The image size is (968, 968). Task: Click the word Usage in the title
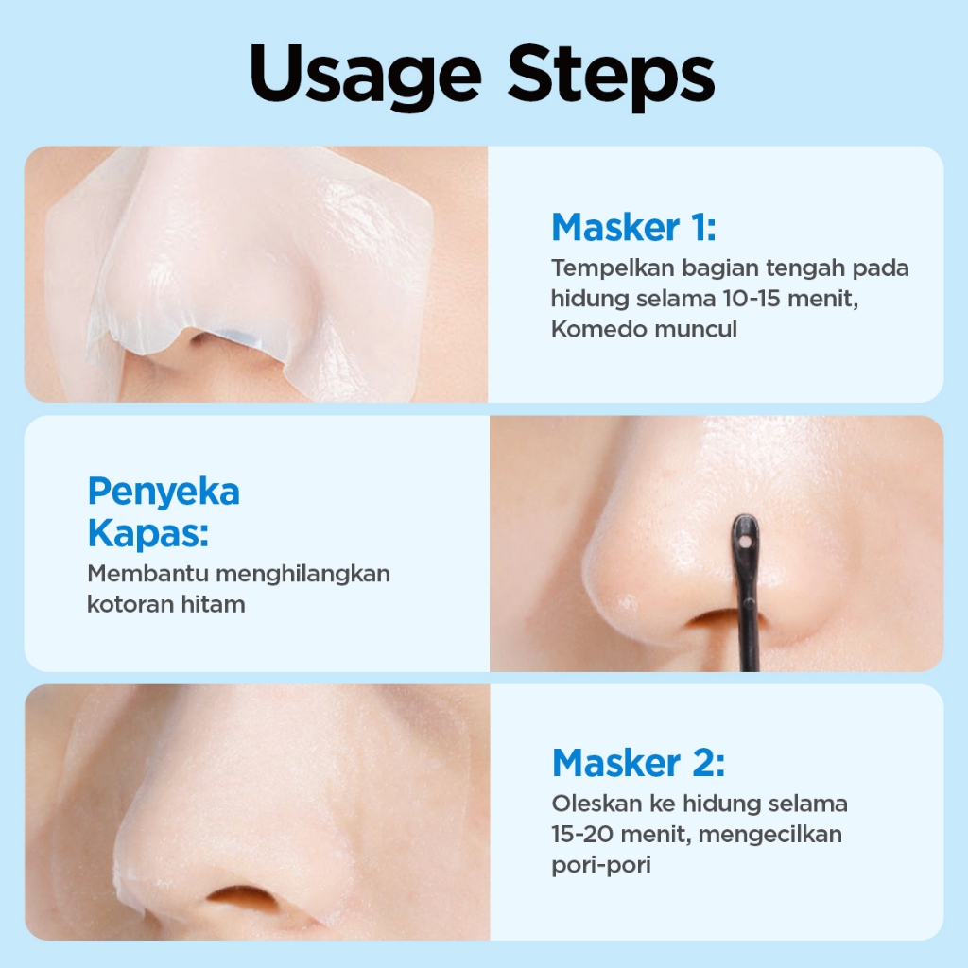coord(366,77)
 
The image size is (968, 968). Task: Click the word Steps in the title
coord(612,77)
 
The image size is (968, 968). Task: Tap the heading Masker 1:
coord(634,227)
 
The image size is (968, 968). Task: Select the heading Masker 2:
coord(638,763)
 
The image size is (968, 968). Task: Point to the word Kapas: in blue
coord(148,533)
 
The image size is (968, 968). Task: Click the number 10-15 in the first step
coord(751,299)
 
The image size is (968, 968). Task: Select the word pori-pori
coord(601,866)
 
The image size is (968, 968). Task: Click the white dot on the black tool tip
coord(744,542)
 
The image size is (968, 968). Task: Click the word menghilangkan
coord(302,575)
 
